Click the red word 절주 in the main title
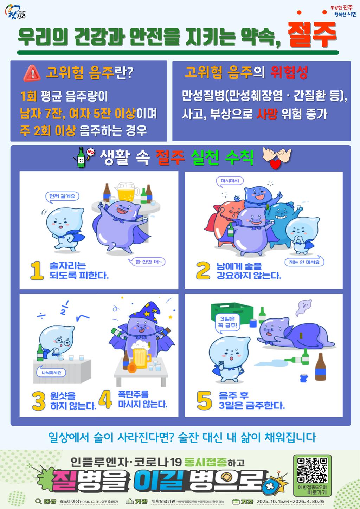(312, 36)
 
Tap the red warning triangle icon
(32, 73)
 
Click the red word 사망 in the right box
(267, 114)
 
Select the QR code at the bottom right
(312, 470)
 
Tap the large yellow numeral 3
(38, 401)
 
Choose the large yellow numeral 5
(204, 401)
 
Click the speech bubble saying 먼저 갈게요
(62, 196)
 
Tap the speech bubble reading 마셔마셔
(230, 181)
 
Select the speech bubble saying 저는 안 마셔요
(304, 262)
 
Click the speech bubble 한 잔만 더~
(150, 262)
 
